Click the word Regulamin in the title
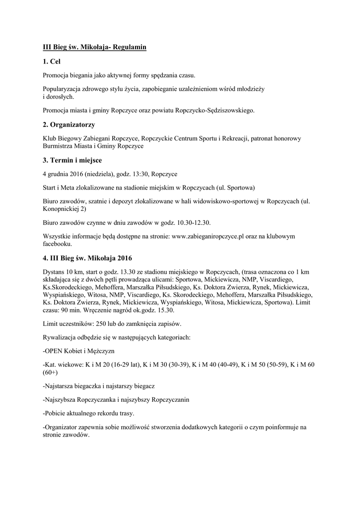[x=130, y=47]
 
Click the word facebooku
[x=57, y=244]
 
